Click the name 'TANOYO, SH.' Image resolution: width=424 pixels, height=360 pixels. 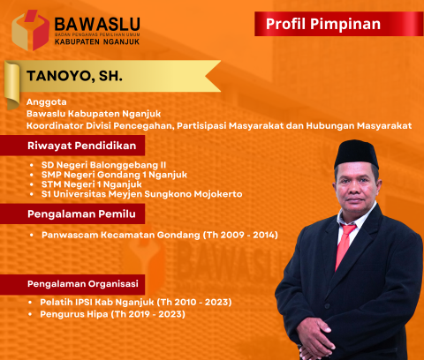(73, 77)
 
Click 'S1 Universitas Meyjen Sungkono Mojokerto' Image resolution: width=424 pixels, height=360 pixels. (140, 193)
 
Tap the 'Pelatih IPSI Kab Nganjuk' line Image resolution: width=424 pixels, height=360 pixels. (135, 302)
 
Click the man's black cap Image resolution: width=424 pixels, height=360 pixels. (357, 153)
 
